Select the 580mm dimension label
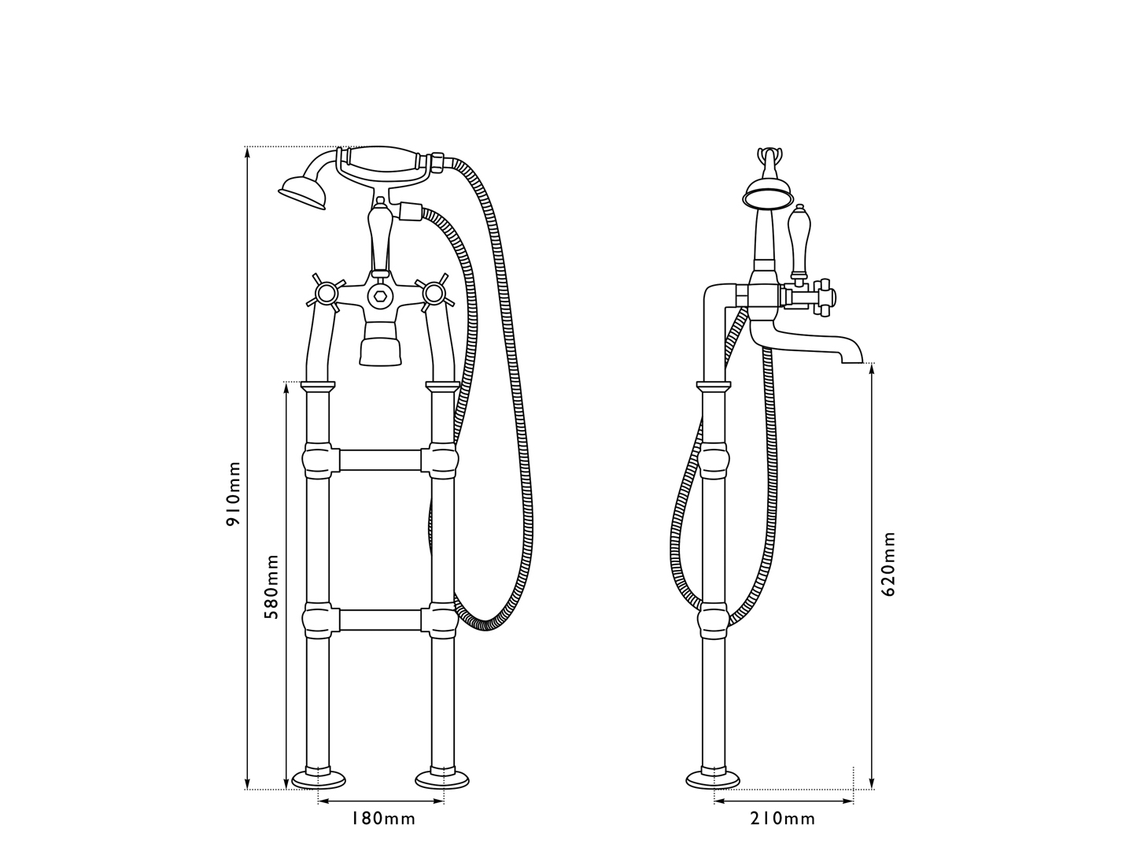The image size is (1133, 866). click(x=271, y=587)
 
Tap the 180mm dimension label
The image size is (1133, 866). click(x=382, y=819)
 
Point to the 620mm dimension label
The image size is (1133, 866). click(x=888, y=564)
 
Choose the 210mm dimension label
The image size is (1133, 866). click(x=783, y=819)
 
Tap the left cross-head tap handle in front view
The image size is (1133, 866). click(x=324, y=294)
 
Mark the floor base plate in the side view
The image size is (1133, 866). click(x=713, y=779)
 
